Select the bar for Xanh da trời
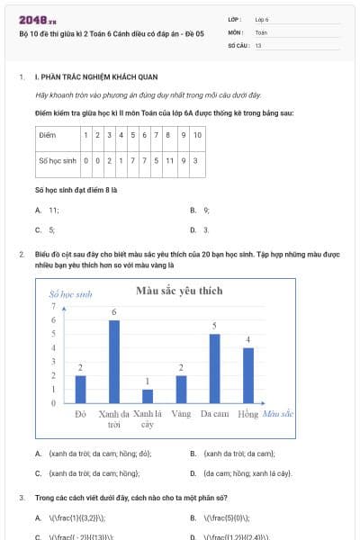pos(113,361)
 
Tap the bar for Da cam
pos(214,368)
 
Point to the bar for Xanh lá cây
pos(148,396)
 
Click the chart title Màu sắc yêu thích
pos(178,291)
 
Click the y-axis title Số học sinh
pos(71,294)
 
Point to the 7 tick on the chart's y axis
pos(53,306)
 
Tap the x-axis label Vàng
pos(181,414)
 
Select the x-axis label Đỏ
pos(80,414)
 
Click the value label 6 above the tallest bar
pos(113,311)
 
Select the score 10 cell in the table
pos(197,135)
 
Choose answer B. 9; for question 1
pos(206,210)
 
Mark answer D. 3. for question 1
pos(206,230)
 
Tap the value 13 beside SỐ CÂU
pos(258,44)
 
